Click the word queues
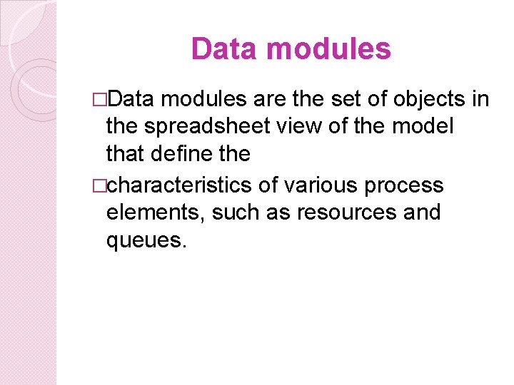[x=146, y=240]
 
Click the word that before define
[x=126, y=154]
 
